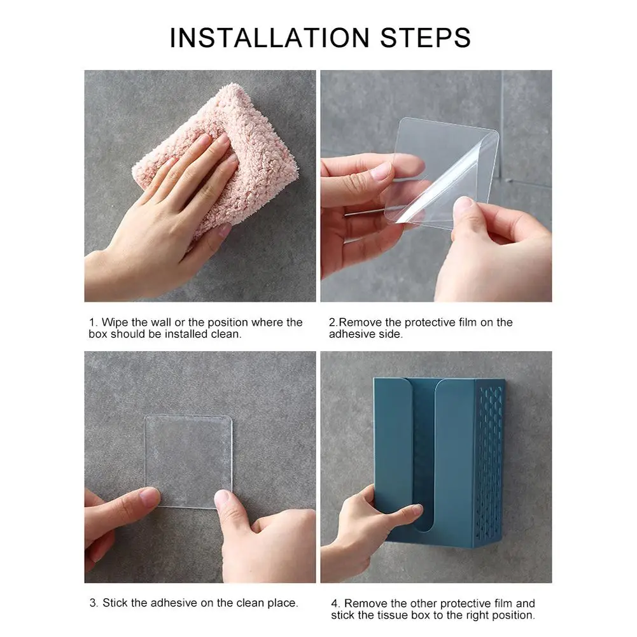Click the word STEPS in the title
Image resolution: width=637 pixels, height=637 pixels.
pos(425,38)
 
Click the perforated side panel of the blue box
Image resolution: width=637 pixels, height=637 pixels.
pos(489,463)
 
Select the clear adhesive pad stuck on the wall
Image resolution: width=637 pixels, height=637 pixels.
pos(188,461)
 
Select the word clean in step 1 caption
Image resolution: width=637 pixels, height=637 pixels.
pos(225,334)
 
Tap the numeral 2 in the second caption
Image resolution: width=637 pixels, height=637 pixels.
pos(333,322)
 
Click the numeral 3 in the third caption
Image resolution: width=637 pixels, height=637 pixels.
pos(93,603)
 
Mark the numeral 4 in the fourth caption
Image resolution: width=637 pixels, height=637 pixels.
pos(335,603)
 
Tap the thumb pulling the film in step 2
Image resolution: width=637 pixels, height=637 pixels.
pos(463,211)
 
